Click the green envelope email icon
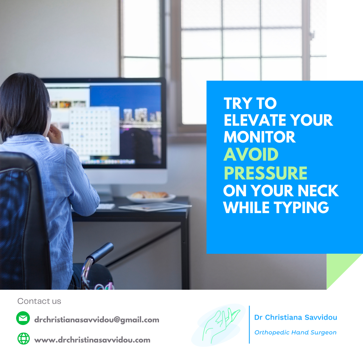pyautogui.click(x=23, y=318)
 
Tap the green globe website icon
pyautogui.click(x=24, y=338)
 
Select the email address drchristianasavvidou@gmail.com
pyautogui.click(x=97, y=320)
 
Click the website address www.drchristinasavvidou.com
pyautogui.click(x=92, y=340)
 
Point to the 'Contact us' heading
pyautogui.click(x=39, y=301)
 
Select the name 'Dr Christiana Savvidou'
pyautogui.click(x=295, y=317)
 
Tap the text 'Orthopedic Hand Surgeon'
pyautogui.click(x=295, y=332)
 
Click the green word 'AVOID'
pyautogui.click(x=251, y=154)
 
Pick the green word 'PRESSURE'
pyautogui.click(x=265, y=173)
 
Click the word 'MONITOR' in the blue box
pyautogui.click(x=259, y=137)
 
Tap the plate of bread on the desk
pyautogui.click(x=151, y=197)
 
